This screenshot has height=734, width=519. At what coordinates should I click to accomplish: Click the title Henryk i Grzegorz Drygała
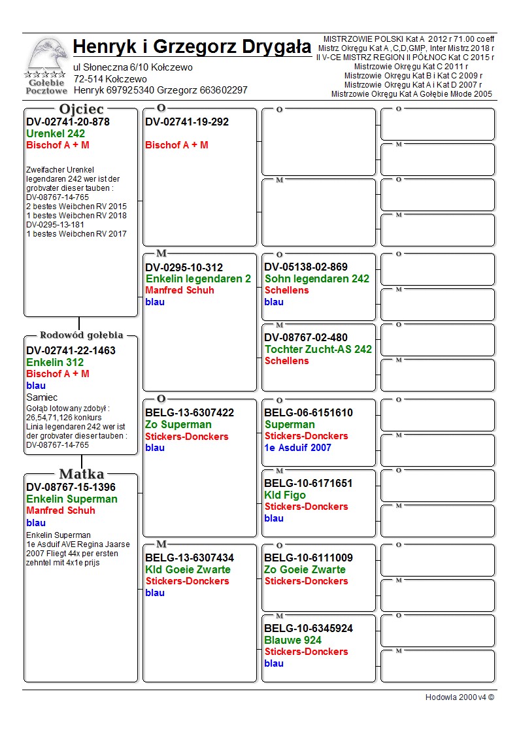(192, 47)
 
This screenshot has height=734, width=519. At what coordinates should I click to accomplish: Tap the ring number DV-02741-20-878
(68, 122)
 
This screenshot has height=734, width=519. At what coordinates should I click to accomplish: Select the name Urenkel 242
(56, 134)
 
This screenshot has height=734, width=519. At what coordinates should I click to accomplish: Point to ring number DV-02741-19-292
(187, 122)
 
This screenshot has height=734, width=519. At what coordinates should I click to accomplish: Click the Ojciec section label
(81, 109)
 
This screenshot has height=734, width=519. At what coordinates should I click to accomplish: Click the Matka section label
(81, 474)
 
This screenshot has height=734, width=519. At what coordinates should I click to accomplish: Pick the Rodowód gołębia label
(81, 335)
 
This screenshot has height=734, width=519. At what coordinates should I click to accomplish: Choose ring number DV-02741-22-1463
(71, 350)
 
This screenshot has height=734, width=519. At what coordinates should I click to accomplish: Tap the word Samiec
(42, 397)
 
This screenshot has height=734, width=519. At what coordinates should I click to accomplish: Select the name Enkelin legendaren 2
(198, 279)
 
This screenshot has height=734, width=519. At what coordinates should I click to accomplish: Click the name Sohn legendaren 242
(317, 279)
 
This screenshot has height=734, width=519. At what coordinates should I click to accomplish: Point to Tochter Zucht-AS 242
(318, 350)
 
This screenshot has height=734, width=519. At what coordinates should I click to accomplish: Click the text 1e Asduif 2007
(297, 448)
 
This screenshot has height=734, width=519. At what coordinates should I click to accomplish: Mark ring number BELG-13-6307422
(190, 413)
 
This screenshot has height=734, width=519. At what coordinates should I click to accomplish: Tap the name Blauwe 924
(293, 641)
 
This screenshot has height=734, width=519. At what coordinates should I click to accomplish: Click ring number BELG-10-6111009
(309, 558)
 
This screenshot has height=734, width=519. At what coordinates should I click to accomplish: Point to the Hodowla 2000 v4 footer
(460, 697)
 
